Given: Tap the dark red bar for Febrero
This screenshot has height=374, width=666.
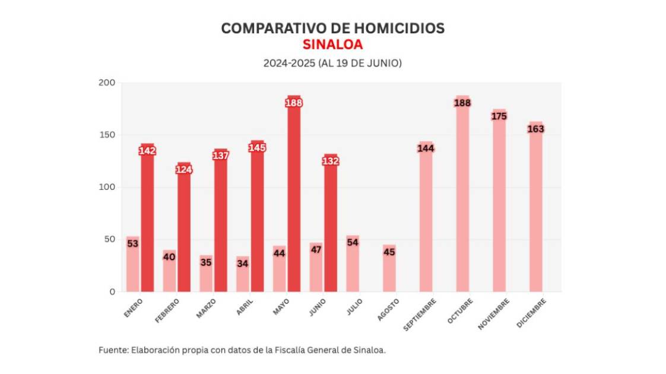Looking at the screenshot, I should [184, 232].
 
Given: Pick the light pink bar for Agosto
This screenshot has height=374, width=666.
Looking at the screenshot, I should [389, 273].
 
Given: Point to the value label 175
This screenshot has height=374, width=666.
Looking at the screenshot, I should [499, 116].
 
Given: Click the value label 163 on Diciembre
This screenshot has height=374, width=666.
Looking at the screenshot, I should [535, 129].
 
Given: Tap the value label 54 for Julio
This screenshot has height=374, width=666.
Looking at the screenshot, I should [353, 242].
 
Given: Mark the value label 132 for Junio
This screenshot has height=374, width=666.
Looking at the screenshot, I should [330, 161].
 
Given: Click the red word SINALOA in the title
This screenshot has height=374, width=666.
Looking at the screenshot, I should [332, 45].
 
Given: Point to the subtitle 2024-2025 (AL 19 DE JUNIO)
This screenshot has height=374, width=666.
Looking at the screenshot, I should [332, 62].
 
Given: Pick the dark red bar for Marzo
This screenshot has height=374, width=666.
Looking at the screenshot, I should [221, 226].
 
